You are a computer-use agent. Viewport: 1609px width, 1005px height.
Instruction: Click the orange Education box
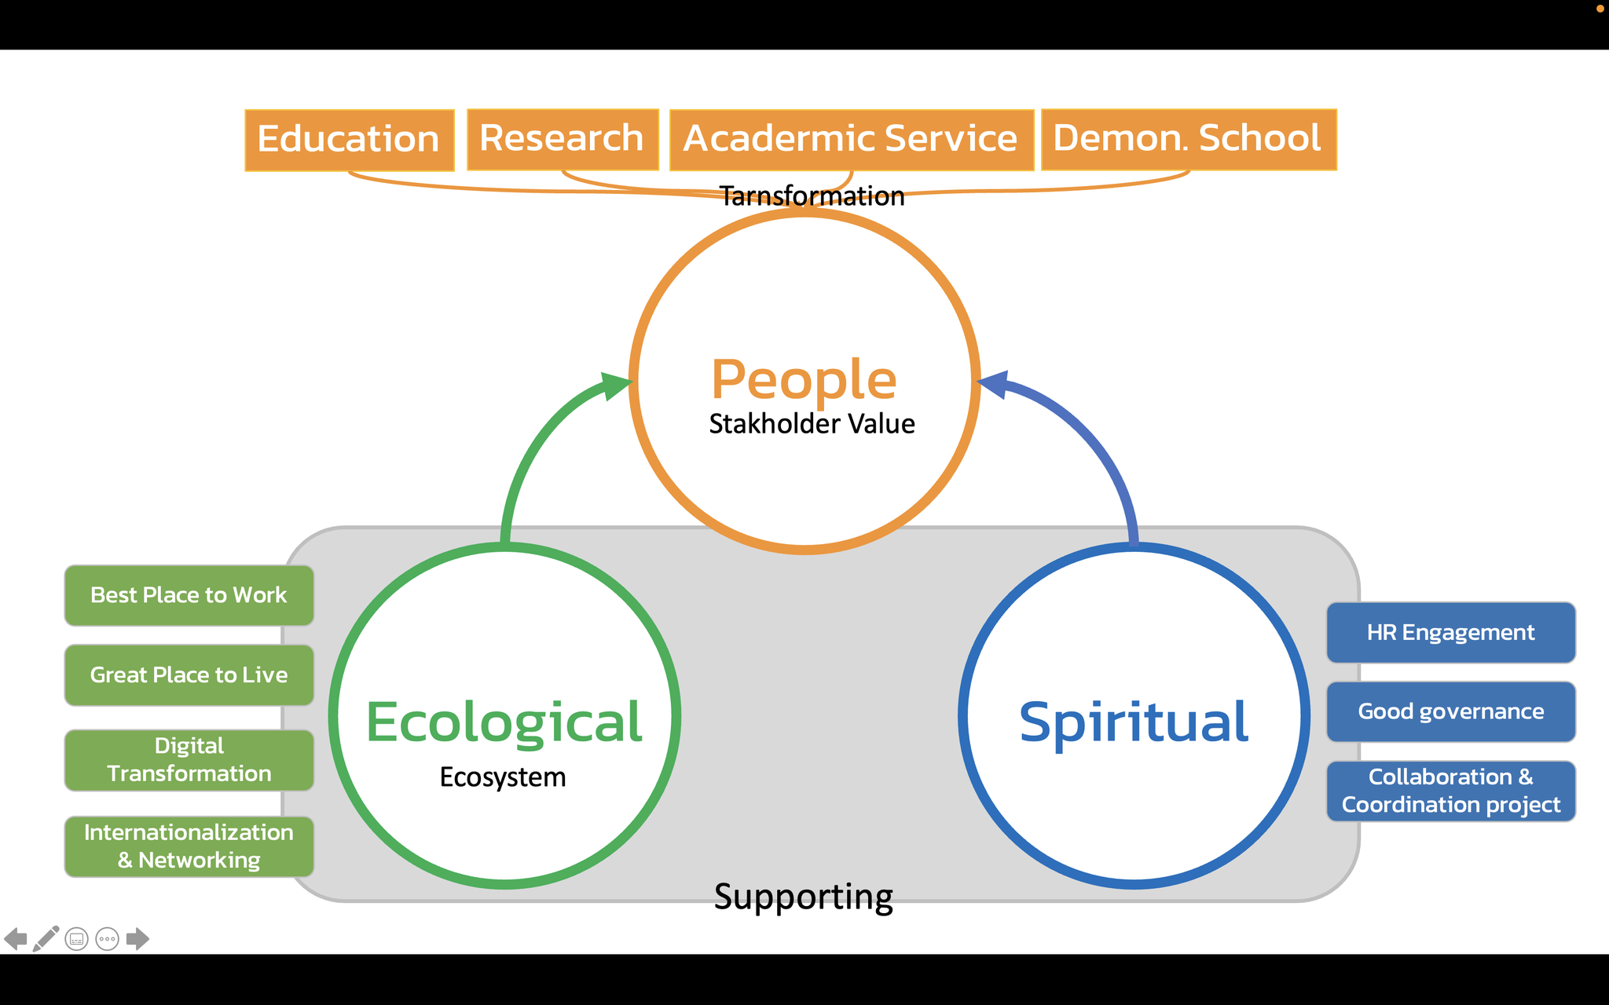(349, 140)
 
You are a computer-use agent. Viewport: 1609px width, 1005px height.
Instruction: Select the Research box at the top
(562, 139)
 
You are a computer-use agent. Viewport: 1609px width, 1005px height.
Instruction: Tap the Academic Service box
(851, 139)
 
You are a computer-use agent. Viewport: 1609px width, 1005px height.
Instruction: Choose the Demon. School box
(1188, 139)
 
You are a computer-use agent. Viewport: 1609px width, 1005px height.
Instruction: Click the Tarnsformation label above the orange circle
(812, 196)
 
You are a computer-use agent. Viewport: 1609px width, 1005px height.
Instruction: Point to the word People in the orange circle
(804, 380)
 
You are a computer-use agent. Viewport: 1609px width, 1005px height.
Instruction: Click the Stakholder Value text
(812, 424)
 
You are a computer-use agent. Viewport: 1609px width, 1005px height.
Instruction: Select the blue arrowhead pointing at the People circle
(994, 385)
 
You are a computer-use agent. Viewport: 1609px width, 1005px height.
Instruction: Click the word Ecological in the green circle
(504, 722)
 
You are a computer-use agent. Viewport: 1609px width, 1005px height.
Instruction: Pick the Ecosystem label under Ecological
(503, 777)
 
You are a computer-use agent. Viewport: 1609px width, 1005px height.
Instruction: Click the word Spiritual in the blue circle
(1134, 722)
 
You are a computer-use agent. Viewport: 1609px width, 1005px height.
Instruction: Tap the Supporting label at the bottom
(803, 897)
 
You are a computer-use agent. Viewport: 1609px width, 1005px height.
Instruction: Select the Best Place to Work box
(189, 595)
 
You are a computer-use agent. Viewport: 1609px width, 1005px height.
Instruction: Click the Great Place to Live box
(189, 675)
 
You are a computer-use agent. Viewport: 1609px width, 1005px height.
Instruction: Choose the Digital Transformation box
(189, 760)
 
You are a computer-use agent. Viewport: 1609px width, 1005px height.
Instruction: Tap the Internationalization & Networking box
(189, 846)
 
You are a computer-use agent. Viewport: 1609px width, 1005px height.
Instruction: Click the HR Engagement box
(1450, 633)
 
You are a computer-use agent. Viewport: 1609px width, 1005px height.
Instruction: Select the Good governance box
(1450, 712)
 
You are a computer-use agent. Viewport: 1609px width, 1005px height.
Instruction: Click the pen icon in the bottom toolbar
(46, 938)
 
